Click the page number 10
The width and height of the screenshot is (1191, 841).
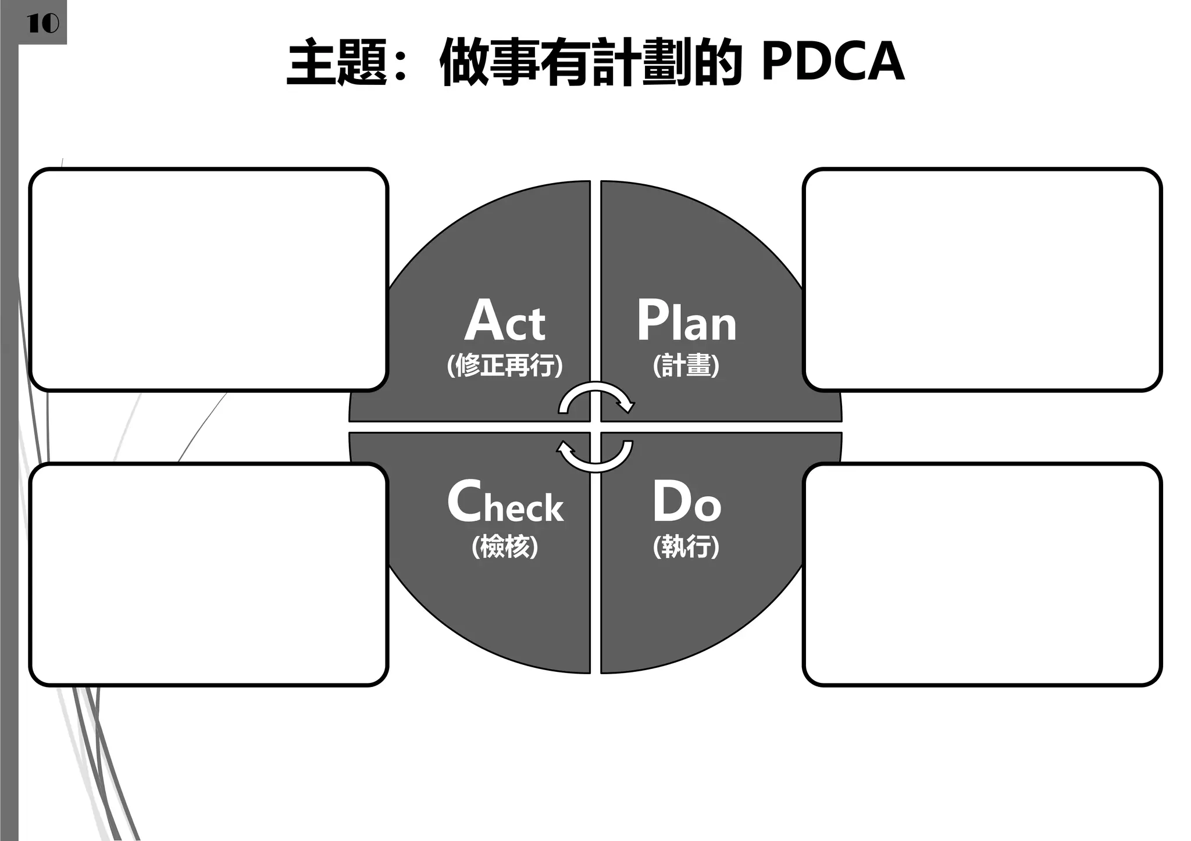tap(42, 24)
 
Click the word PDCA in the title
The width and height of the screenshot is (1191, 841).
tap(832, 62)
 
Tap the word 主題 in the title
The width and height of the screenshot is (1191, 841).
tap(337, 63)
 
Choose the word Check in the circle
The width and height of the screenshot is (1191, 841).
tap(505, 502)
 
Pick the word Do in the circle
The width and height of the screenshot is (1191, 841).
tap(686, 502)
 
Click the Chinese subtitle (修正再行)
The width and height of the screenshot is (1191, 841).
tap(505, 366)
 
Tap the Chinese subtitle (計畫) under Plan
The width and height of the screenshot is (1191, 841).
tap(686, 366)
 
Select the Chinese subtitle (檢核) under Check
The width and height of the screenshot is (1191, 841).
tap(505, 547)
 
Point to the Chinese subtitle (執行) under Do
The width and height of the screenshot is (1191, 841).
tap(686, 547)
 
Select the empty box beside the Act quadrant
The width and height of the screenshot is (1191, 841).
tap(208, 280)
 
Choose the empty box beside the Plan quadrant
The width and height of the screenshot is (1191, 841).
tap(982, 280)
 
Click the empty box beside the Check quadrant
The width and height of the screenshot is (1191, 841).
tap(208, 574)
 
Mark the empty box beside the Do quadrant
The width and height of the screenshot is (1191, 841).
tap(982, 574)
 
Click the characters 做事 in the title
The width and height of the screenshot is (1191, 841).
tap(490, 63)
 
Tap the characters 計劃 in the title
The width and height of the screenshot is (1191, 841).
tap(642, 63)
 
